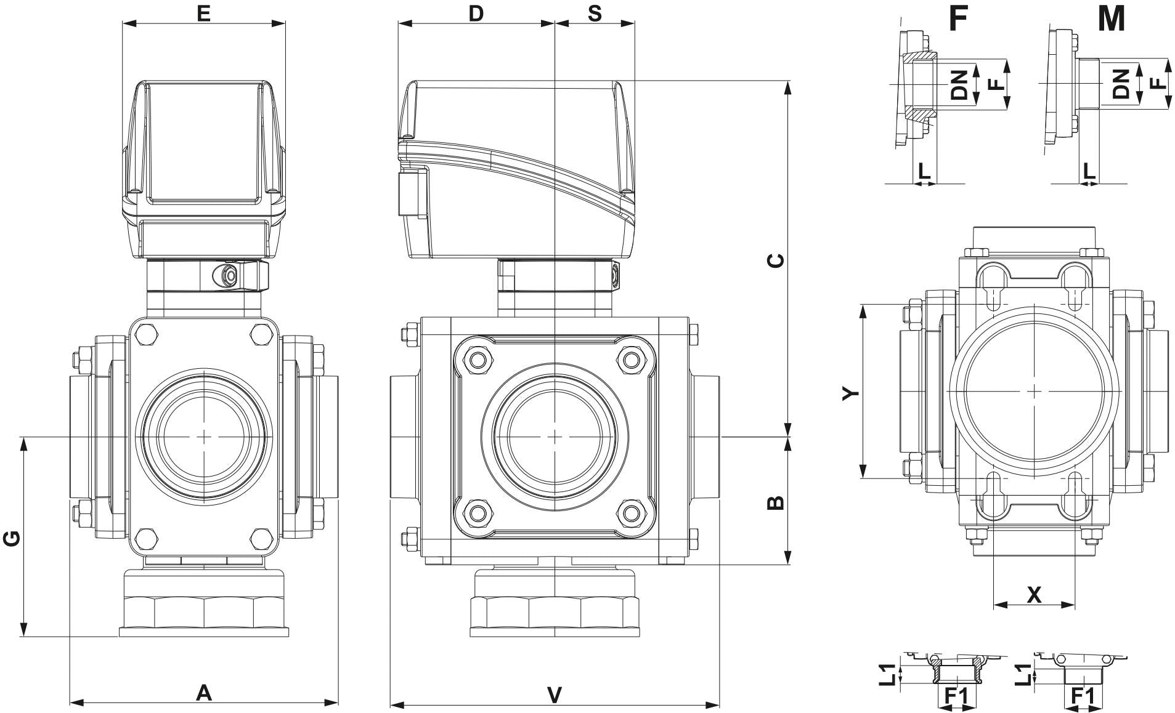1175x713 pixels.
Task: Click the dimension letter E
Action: (x=204, y=14)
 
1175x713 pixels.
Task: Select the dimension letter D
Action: (x=476, y=14)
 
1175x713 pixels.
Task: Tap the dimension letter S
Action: (x=595, y=14)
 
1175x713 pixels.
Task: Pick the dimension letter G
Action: (x=12, y=538)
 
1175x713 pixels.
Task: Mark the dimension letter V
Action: (x=555, y=695)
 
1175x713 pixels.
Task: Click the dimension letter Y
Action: (x=850, y=393)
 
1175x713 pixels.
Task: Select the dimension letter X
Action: (x=1035, y=595)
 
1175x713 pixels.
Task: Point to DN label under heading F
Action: (x=959, y=84)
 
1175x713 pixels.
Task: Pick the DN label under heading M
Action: (x=1121, y=84)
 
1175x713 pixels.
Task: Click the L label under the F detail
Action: (x=924, y=171)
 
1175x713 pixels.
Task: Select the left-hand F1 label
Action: (x=956, y=696)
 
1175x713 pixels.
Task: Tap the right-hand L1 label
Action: (x=1023, y=675)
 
